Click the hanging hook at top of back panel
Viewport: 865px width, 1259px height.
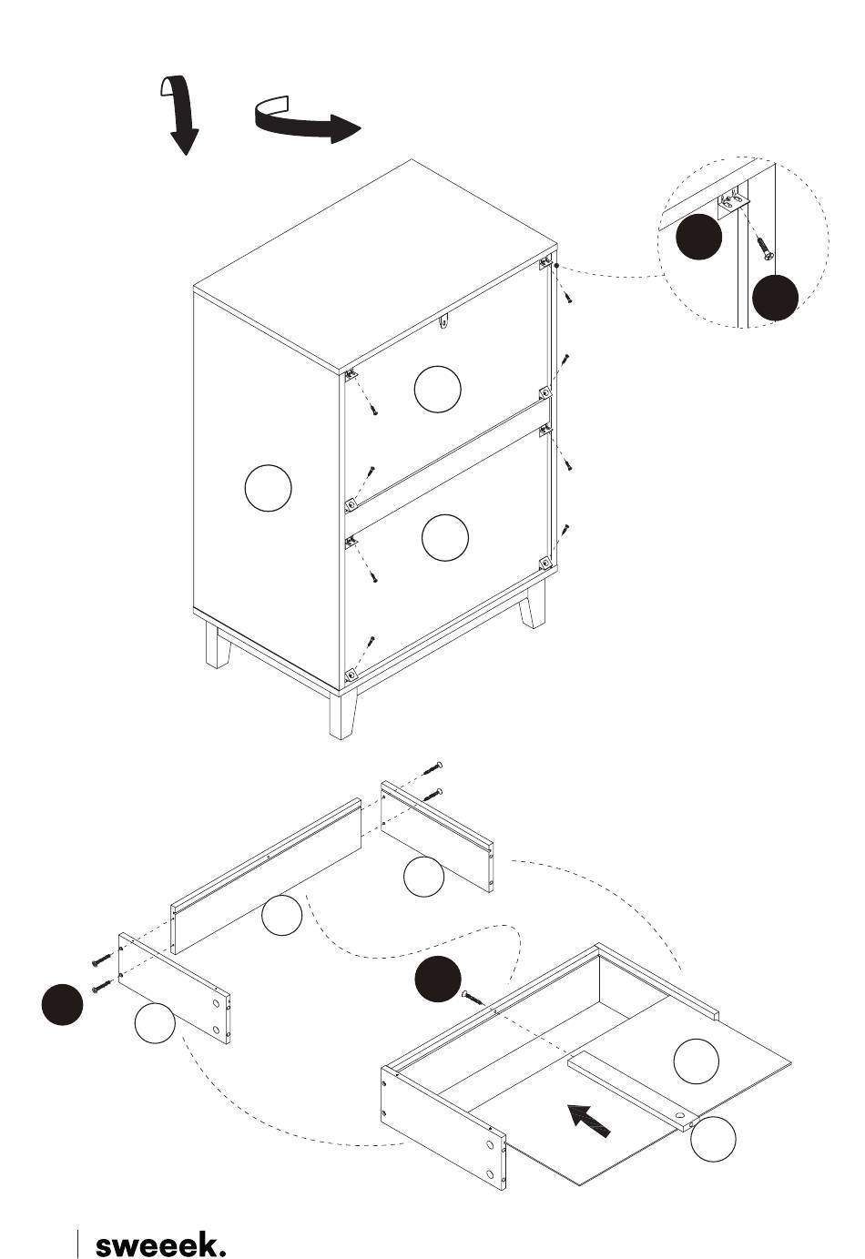coord(445,321)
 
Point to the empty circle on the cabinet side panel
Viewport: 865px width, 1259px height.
coord(268,488)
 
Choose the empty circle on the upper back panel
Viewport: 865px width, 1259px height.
coord(437,389)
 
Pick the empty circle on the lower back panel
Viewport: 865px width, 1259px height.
coord(444,537)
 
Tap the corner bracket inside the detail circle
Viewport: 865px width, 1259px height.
coord(734,201)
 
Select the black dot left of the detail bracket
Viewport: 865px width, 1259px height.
coord(698,237)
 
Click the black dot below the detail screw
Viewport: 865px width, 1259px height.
coord(775,298)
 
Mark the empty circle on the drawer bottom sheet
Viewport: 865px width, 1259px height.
coord(696,1061)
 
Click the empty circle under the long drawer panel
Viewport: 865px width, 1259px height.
coord(281,916)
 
